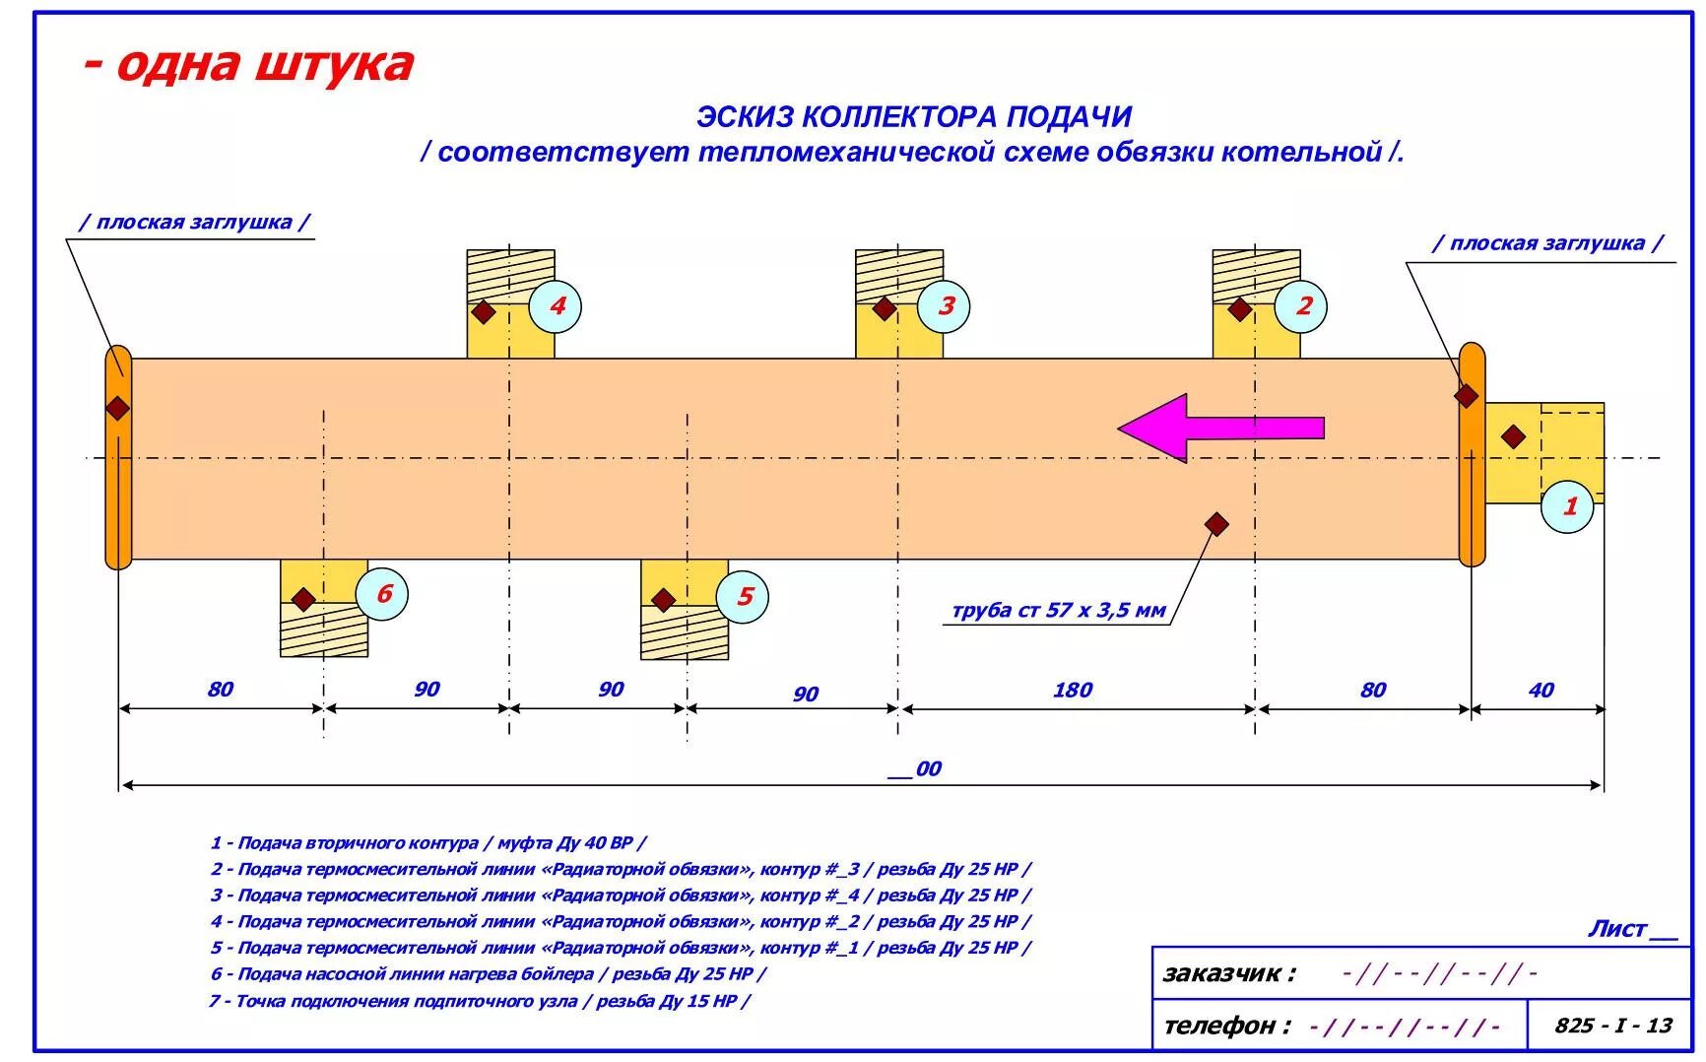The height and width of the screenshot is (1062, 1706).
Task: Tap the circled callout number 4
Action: coord(556,306)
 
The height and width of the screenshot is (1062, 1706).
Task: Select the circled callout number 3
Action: coord(944,306)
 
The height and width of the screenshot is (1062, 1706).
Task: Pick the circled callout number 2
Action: coord(1301,306)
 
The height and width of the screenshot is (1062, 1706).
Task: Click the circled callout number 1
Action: coord(1567,507)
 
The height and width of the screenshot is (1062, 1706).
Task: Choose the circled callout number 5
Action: coord(743,597)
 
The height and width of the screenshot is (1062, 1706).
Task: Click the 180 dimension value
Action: coord(1072,690)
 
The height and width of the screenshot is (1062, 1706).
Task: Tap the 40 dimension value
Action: coord(1541,690)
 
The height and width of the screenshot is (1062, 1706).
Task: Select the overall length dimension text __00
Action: coord(915,768)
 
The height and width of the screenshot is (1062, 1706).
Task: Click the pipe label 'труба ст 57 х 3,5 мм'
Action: coord(1058,611)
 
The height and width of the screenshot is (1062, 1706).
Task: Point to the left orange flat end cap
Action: coord(118,458)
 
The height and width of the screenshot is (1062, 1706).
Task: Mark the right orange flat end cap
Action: coord(1471,455)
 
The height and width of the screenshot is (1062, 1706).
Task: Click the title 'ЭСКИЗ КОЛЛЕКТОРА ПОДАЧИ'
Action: coord(914,116)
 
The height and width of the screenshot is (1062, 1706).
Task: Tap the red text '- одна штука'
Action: coord(248,65)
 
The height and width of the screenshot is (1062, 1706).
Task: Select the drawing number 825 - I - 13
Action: coord(1612,1026)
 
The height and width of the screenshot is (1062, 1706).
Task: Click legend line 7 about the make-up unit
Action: coord(479,1001)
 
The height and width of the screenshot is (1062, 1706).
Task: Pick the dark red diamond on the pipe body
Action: coord(1216,523)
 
